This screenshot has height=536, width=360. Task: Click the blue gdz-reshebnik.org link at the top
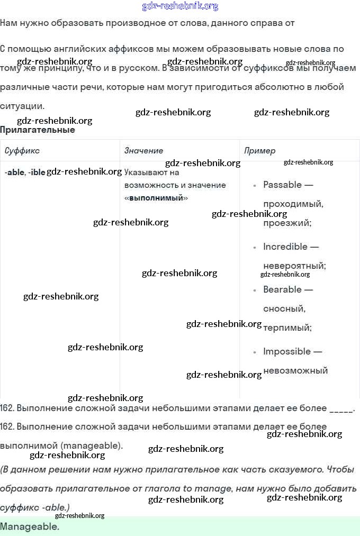pos(180,6)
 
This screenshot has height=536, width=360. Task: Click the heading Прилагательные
pos(38,130)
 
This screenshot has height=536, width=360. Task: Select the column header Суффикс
pos(22,151)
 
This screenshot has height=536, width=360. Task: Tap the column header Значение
pos(143,151)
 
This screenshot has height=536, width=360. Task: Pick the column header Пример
pos(259,151)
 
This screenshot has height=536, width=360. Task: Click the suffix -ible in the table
pos(37,172)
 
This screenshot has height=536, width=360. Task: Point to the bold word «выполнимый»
pos(156,198)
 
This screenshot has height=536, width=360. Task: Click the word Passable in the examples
pos(283,185)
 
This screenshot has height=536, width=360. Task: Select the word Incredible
pos(285,247)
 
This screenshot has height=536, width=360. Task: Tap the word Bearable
pos(283,289)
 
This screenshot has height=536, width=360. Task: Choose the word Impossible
pos(286,351)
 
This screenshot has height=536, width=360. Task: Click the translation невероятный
pos(294,266)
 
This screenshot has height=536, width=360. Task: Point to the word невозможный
pos(295,370)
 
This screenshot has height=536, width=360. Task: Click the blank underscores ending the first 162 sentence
pos(341,408)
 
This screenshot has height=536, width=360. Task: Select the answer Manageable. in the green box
pos(30,527)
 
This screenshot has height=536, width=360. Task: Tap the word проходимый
pos(293,204)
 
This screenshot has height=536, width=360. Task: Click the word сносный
pos(284,308)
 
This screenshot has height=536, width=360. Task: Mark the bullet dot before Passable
pos(255,185)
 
